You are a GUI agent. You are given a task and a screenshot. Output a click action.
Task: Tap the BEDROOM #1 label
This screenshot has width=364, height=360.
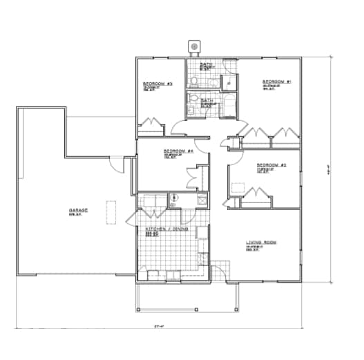pos(276,82)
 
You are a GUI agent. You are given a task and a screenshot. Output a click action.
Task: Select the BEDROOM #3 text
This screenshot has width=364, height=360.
pos(157,84)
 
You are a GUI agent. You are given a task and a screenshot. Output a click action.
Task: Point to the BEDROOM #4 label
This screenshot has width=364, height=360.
pos(178,151)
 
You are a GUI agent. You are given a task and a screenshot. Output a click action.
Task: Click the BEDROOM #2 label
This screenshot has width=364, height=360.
pos(271,165)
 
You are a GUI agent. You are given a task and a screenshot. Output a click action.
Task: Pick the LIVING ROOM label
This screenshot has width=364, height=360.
pos(260,243)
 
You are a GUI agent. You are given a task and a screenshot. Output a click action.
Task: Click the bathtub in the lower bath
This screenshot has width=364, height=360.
pos(227,106)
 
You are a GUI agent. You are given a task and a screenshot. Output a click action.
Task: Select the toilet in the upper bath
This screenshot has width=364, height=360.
pos(196,82)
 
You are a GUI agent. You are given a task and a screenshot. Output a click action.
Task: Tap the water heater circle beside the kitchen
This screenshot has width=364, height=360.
pos(175,198)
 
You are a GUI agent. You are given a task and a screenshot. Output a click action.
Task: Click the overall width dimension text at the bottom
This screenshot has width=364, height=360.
pos(157,326)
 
